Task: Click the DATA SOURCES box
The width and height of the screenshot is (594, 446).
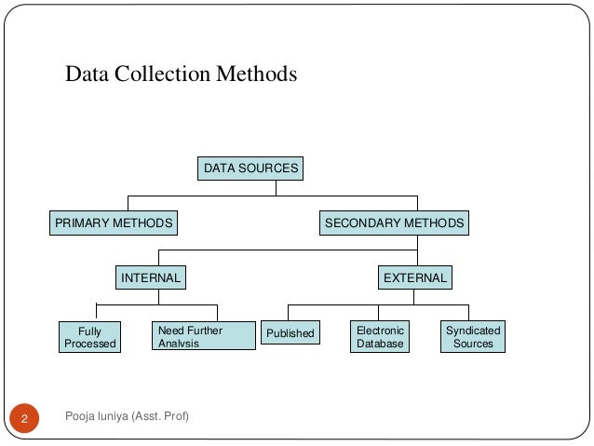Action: pyautogui.click(x=251, y=169)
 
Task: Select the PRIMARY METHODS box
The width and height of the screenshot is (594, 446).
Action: pyautogui.click(x=114, y=223)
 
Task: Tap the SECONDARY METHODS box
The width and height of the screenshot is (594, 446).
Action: pyautogui.click(x=394, y=223)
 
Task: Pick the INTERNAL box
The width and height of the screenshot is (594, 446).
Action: pyautogui.click(x=150, y=277)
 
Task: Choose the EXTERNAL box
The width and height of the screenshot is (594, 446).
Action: pyautogui.click(x=415, y=277)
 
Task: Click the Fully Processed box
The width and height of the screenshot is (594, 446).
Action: pyautogui.click(x=89, y=337)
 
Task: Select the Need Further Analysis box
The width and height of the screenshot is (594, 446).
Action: pyautogui.click(x=202, y=336)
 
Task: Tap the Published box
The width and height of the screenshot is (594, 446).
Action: pyautogui.click(x=290, y=333)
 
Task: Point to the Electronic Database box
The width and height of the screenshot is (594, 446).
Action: pyautogui.click(x=380, y=337)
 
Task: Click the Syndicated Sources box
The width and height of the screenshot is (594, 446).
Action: pyautogui.click(x=473, y=337)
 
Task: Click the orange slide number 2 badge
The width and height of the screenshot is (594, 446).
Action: pyautogui.click(x=25, y=416)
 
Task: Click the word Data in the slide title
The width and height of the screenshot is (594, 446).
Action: pyautogui.click(x=87, y=74)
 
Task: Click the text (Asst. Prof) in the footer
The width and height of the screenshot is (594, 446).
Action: pyautogui.click(x=158, y=414)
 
